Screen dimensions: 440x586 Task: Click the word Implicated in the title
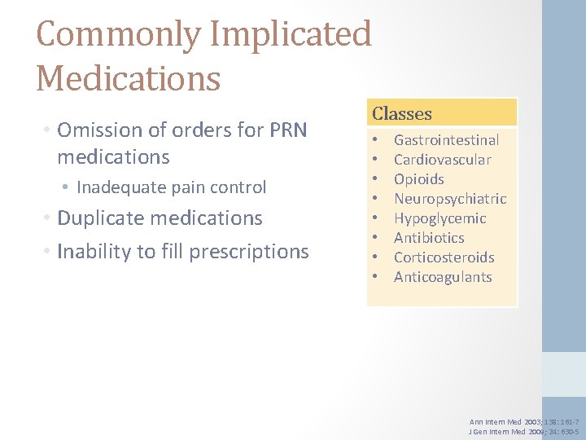point(291,34)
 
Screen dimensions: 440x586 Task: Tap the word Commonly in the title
point(119,34)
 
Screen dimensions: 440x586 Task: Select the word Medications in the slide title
point(129,79)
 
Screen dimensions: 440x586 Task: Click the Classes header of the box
point(402,114)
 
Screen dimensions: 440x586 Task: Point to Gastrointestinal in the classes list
point(446,140)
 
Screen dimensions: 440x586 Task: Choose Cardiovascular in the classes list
point(442,160)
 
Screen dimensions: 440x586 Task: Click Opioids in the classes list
point(419,179)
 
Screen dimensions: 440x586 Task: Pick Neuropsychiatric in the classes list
point(450,199)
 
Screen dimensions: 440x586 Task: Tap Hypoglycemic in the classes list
point(439,218)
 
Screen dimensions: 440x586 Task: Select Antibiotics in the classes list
point(429,238)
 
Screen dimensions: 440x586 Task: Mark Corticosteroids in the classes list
point(444,257)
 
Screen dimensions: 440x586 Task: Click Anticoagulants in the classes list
point(443,277)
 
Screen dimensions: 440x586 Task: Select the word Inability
point(91,252)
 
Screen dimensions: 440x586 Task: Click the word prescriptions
point(249,252)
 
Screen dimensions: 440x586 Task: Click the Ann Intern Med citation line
point(524,421)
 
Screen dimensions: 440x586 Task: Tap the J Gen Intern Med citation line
point(524,431)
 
